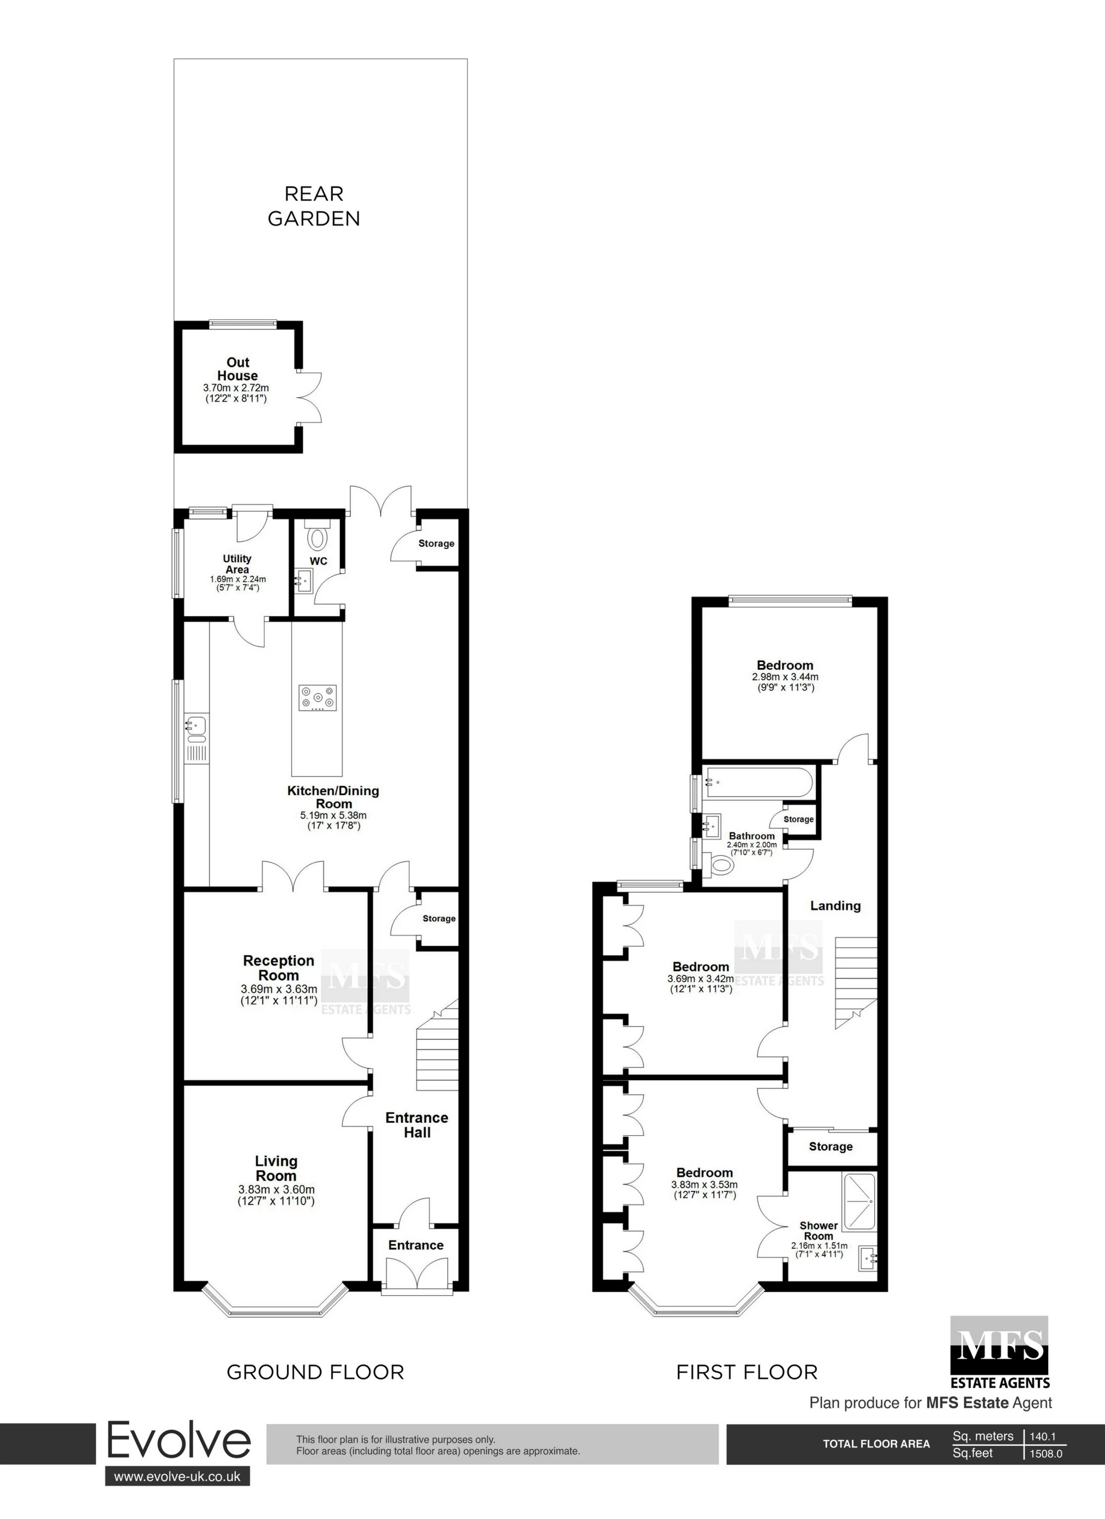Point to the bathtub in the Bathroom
(x=758, y=782)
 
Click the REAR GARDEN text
(x=314, y=206)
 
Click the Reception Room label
(x=279, y=968)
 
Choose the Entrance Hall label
(x=416, y=1125)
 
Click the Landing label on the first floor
(x=835, y=906)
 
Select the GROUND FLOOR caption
(x=315, y=1372)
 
